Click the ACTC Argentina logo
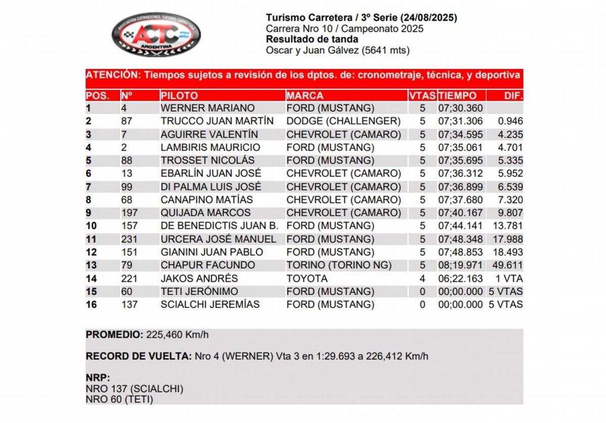(156, 34)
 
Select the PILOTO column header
(179, 95)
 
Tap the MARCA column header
(305, 95)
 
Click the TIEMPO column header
(458, 95)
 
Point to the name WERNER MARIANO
(208, 108)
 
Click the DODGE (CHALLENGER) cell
(343, 121)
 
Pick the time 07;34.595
(461, 134)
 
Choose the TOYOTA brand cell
(307, 278)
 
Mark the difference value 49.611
(510, 265)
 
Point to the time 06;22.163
(461, 278)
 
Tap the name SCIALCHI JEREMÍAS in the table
(210, 304)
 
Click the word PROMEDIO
(115, 334)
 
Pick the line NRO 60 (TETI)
(120, 399)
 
